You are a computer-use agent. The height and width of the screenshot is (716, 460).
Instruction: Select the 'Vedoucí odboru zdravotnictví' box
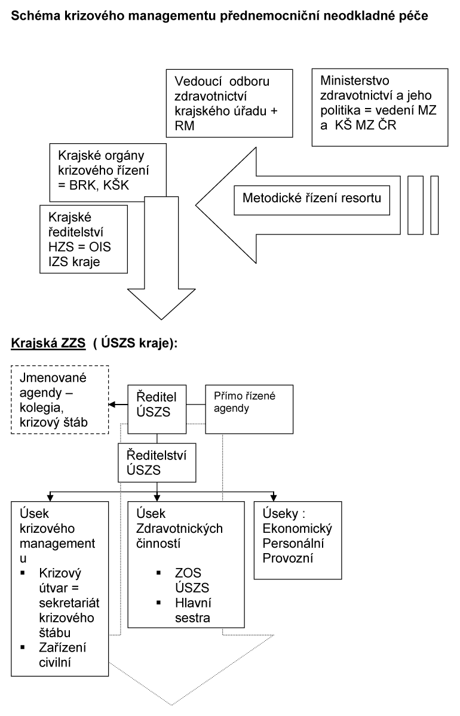pos(229,103)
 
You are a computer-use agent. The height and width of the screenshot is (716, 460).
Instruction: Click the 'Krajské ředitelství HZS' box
pos(83,238)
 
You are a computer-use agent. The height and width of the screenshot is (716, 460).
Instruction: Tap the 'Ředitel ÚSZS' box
pos(156,404)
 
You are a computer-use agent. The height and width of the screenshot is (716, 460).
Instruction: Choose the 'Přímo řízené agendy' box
pos(241,404)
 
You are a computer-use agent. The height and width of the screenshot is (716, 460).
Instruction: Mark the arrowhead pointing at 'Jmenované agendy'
pos(112,404)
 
